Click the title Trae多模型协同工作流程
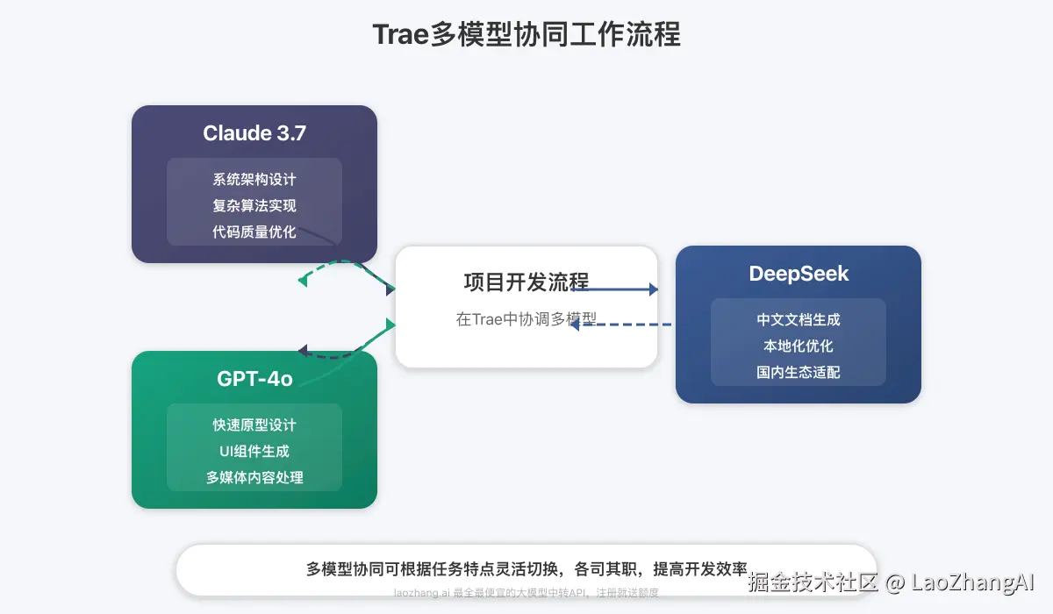[526, 35]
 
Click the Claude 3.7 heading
[254, 133]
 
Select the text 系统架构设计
[254, 180]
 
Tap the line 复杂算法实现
[254, 206]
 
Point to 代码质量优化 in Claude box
[254, 232]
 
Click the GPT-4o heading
[254, 379]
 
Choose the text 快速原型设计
[254, 425]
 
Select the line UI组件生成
[254, 452]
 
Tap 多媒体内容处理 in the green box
[254, 478]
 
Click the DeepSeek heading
[799, 274]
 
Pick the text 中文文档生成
[799, 320]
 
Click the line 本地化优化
[799, 346]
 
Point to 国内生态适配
[799, 373]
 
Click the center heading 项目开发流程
[526, 282]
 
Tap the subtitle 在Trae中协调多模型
[526, 319]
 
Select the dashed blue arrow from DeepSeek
[623, 325]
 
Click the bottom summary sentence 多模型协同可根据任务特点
[526, 568]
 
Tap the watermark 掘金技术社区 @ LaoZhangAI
[891, 582]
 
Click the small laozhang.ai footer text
[526, 593]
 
